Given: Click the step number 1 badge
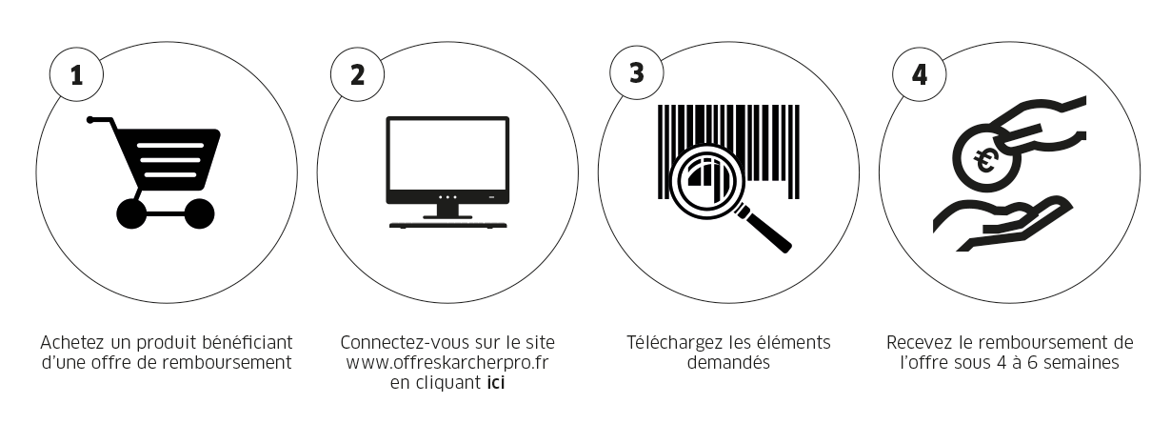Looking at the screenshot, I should tap(77, 75).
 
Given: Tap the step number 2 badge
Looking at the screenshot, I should tap(358, 75).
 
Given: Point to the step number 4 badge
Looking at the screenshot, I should tap(919, 75).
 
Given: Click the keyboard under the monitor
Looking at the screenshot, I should tap(447, 226).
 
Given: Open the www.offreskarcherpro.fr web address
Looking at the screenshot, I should tap(447, 363).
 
